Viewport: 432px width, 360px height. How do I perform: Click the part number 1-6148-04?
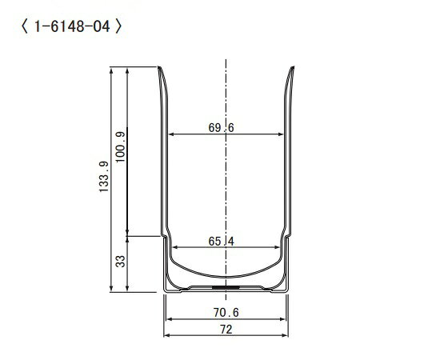pos(72,26)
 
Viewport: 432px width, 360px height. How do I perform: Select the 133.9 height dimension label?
pos(104,177)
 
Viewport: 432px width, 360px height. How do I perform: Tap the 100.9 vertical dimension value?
pos(120,147)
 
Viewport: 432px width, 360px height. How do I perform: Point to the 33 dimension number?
pos(120,262)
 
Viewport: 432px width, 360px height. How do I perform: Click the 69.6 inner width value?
pos(221,128)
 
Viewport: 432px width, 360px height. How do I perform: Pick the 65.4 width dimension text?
pos(222,242)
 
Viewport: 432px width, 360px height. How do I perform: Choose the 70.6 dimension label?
pos(226,312)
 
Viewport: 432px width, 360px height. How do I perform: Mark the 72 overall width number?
pos(226,330)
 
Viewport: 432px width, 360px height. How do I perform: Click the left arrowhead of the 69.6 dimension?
pos(171,134)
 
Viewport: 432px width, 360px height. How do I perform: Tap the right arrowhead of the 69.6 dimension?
pos(281,134)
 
